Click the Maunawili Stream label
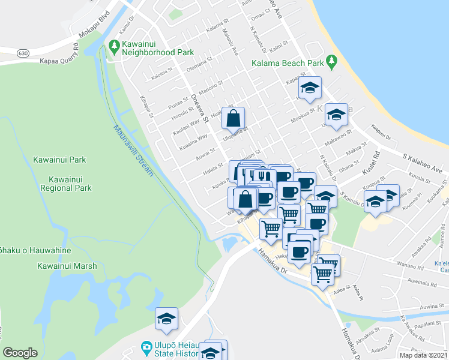tap(133, 150)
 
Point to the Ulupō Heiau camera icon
tap(146, 346)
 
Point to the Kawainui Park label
tap(61, 160)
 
